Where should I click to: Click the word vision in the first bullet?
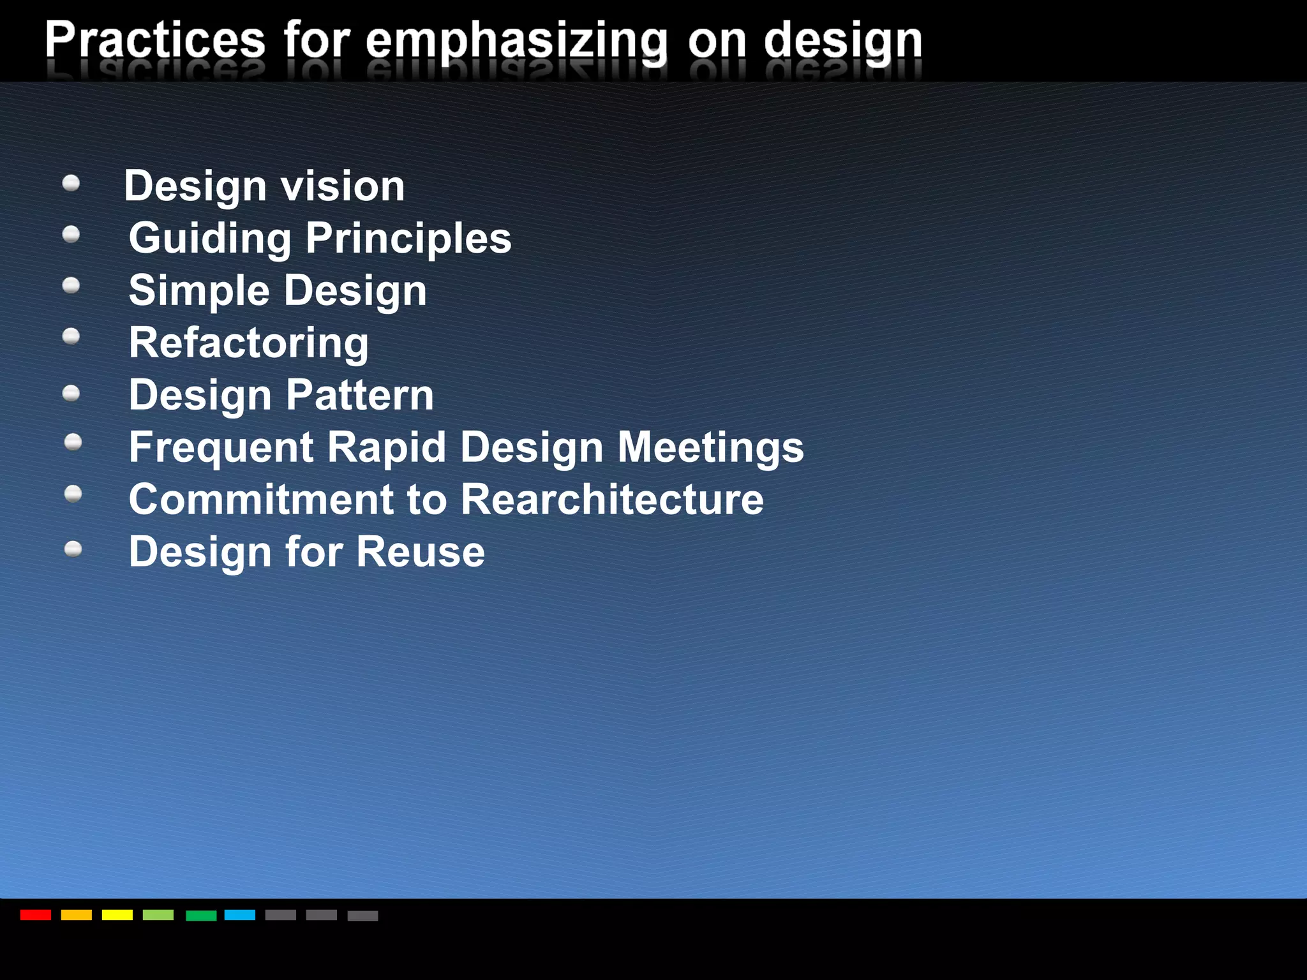343,186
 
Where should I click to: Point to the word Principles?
408,239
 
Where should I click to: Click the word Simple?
199,291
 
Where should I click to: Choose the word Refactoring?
248,343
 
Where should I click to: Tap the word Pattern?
360,395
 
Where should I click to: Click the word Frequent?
221,447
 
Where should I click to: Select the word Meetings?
710,447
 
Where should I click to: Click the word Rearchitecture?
611,499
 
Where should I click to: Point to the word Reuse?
421,551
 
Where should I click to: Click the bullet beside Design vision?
71,184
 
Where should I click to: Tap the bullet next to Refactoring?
71,336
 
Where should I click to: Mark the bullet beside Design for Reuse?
73,549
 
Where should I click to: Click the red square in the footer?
35,915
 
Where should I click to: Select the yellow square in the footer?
117,915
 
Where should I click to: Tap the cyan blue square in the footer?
240,915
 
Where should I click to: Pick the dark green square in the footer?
201,916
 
